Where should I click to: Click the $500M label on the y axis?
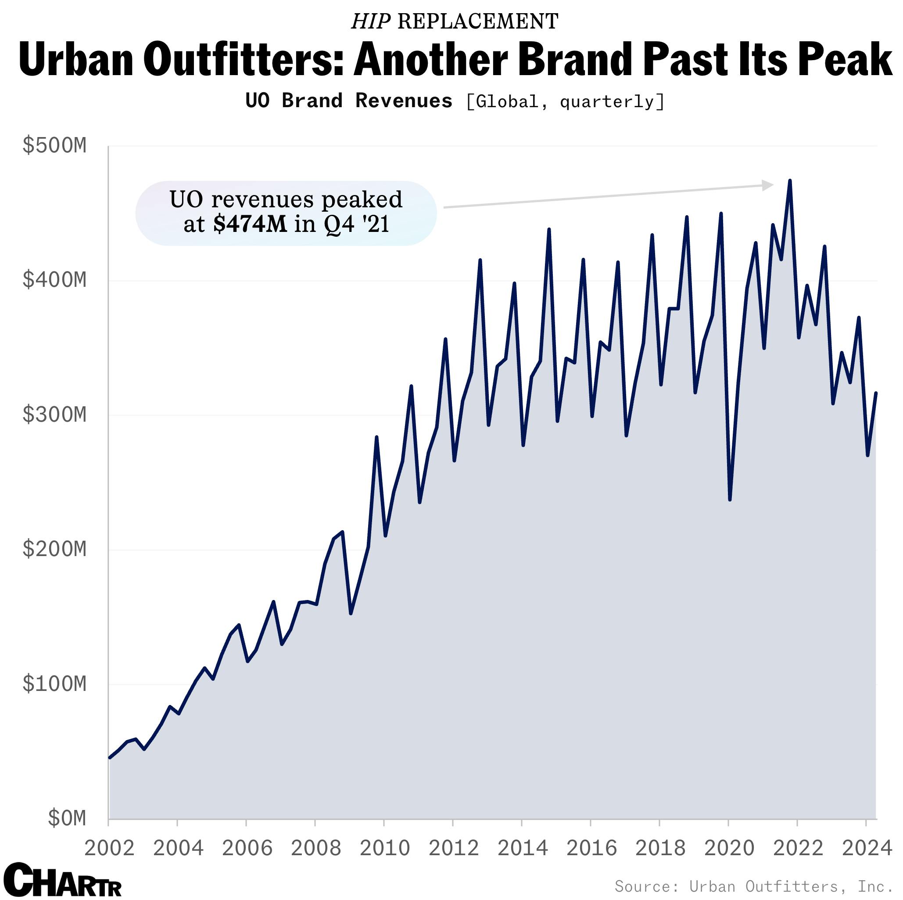pyautogui.click(x=54, y=146)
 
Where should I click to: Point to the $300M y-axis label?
pyautogui.click(x=54, y=415)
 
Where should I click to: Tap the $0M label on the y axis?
pyautogui.click(x=67, y=819)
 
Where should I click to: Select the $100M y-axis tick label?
pyautogui.click(x=54, y=684)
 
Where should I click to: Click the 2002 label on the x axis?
pyautogui.click(x=109, y=848)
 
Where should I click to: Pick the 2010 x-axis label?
pyautogui.click(x=385, y=848)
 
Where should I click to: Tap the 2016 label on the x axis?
pyautogui.click(x=591, y=848)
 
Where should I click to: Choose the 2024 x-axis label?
pyautogui.click(x=867, y=848)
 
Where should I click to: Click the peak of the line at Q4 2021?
pyautogui.click(x=789, y=181)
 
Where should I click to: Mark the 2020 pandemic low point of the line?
pyautogui.click(x=730, y=499)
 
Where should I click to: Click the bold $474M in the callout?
pyautogui.click(x=250, y=224)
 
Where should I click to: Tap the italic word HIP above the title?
pyautogui.click(x=370, y=22)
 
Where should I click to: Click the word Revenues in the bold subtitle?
pyautogui.click(x=403, y=101)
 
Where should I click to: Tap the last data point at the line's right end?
pyautogui.click(x=875, y=394)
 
